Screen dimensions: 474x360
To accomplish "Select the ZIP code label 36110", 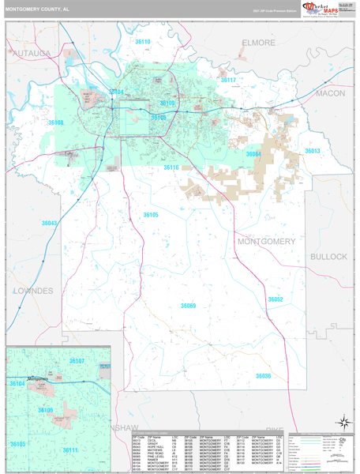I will (x=142, y=63).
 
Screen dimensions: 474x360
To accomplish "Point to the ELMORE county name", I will (x=258, y=42).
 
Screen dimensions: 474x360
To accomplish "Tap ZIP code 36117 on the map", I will (x=228, y=81).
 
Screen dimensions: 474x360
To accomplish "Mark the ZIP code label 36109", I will (x=167, y=103).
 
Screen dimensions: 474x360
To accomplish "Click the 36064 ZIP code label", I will (x=253, y=154).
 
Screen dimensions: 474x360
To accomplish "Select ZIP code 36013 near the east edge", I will (x=313, y=151).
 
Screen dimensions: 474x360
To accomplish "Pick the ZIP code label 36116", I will (x=171, y=167).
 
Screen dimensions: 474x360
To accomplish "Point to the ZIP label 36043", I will (x=49, y=224).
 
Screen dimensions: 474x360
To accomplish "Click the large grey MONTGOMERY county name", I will (x=267, y=241).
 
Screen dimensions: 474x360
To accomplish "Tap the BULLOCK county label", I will (x=328, y=257).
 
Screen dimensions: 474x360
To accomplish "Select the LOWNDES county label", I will (x=33, y=291).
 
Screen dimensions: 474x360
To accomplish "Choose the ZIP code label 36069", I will (x=187, y=305).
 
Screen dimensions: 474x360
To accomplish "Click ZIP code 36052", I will (x=275, y=299).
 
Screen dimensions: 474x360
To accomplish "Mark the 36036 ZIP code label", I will (x=263, y=376).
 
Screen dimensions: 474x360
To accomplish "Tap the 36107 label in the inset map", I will (x=77, y=361).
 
